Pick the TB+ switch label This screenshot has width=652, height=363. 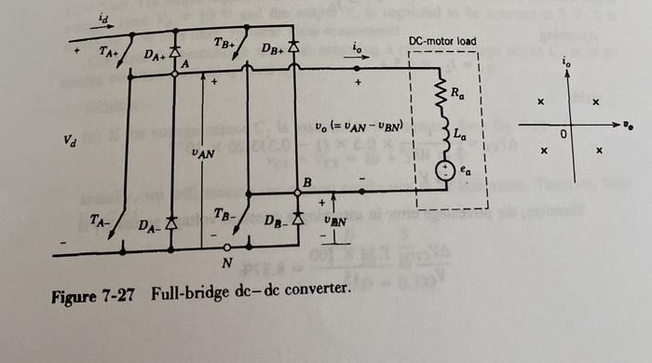click(x=224, y=45)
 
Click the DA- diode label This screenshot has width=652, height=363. click(x=148, y=226)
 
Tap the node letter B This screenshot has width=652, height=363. click(x=306, y=181)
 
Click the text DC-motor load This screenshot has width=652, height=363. click(x=442, y=42)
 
